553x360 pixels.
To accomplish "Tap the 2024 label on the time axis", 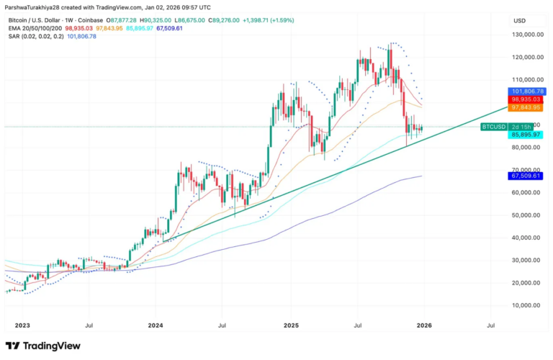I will click(156, 326).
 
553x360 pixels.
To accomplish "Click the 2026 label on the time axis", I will click(423, 326).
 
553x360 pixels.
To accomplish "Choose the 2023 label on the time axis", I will click(22, 326).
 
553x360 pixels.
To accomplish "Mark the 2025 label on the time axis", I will click(291, 326).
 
